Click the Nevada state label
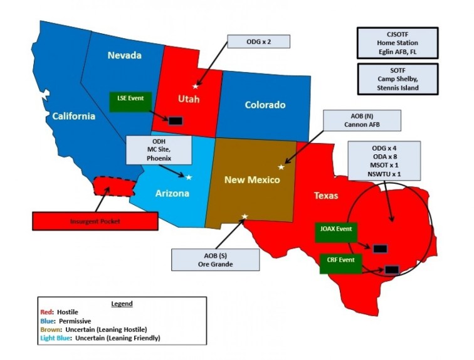tap(124, 55)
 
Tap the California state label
tap(73, 115)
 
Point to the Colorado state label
tap(265, 105)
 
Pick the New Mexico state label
tap(252, 180)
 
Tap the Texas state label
tap(325, 196)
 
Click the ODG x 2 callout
tap(260, 42)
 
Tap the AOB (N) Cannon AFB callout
tap(352, 120)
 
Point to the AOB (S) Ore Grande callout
tap(215, 259)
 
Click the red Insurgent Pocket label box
tap(95, 221)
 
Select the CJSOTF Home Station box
tap(397, 43)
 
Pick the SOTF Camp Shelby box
tap(397, 78)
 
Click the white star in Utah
tap(195, 86)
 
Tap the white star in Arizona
tap(189, 177)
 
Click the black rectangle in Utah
tap(176, 120)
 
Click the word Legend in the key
tap(121, 304)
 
